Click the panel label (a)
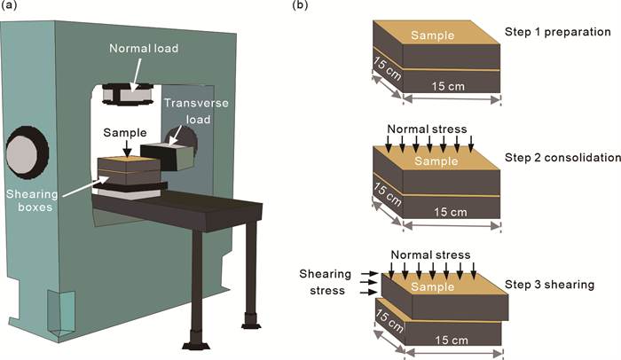(11, 7)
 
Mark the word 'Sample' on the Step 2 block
(434, 162)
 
